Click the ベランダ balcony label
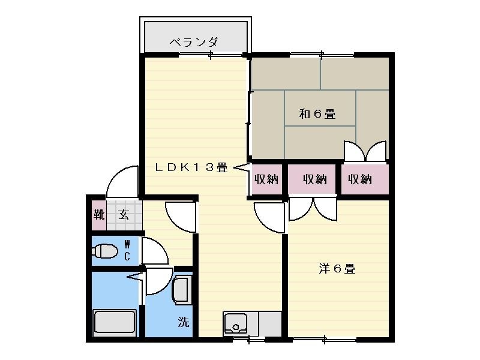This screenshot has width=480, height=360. point(193,43)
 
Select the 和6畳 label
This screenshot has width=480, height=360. point(317,113)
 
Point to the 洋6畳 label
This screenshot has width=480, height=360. point(337,269)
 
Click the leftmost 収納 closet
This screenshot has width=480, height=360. point(266,179)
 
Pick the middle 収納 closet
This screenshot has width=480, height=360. point(314,179)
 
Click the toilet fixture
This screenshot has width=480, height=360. point(106,250)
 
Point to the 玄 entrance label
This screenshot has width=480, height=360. point(123,215)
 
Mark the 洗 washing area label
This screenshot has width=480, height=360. point(183,322)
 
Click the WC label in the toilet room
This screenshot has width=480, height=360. point(127,250)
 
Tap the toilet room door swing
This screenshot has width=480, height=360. point(153,252)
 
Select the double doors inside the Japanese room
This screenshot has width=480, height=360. point(365,151)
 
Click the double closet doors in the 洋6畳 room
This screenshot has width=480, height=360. point(313,209)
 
